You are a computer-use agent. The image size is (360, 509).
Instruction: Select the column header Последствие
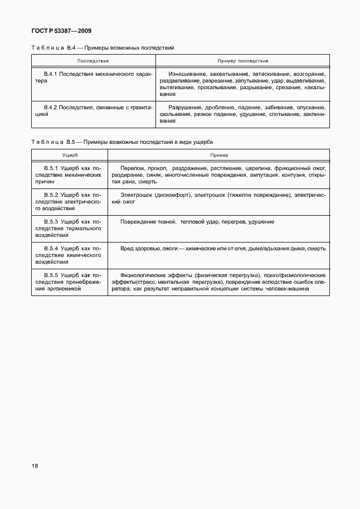(x=93, y=60)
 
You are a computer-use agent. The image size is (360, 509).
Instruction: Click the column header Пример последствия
(x=242, y=60)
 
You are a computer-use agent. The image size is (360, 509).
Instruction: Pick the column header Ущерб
(x=70, y=155)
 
